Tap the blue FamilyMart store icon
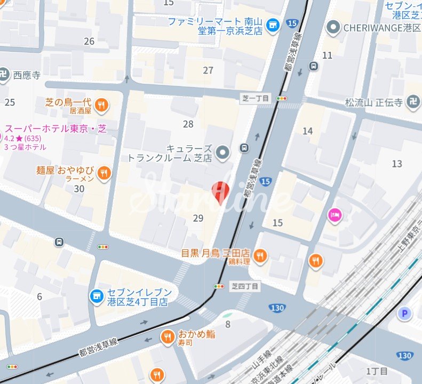tap(273, 25)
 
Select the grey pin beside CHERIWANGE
tap(334, 26)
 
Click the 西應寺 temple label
tap(26, 75)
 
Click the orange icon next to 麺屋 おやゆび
tap(104, 173)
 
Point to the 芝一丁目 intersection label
tap(256, 98)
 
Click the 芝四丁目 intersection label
tap(245, 287)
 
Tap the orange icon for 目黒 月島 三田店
tap(260, 256)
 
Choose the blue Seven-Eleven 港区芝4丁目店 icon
tap(97, 295)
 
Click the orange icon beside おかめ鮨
tap(168, 336)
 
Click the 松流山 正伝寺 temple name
tap(373, 103)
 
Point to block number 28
tap(188, 124)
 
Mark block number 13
tap(396, 163)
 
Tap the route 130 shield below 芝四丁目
tap(277, 308)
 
